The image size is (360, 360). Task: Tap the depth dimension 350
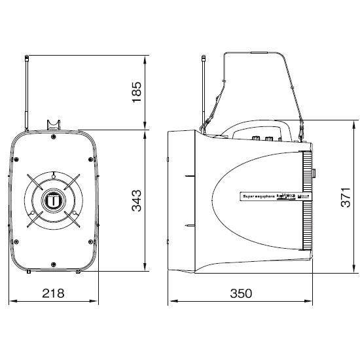tap(241, 294)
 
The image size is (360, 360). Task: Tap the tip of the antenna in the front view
tap(26, 58)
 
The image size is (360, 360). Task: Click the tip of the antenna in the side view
tap(204, 58)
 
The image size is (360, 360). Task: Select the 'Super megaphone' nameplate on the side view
tap(262, 195)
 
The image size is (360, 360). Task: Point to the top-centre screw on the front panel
tap(52, 138)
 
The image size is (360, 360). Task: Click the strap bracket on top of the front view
tap(52, 124)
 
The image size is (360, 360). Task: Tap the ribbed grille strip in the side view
tap(306, 200)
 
